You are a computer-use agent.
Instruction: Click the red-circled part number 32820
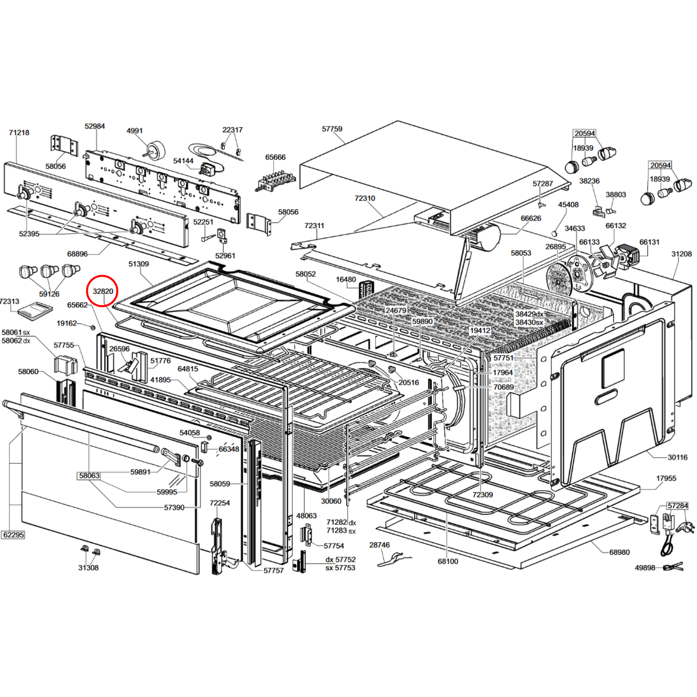103,291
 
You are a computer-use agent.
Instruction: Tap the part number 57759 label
332,129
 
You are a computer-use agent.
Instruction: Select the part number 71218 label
19,133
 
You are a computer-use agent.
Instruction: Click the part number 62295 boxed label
13,535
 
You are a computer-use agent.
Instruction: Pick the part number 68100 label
448,561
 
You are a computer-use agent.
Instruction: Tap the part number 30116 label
678,457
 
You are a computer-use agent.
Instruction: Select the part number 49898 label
645,568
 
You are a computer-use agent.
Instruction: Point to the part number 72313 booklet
35,310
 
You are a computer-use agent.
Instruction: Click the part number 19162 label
67,323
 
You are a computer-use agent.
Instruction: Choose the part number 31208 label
682,254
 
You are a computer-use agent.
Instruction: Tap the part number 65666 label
275,157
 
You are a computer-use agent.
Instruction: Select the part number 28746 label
379,545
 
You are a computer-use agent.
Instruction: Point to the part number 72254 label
220,503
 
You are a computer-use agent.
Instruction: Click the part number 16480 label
346,279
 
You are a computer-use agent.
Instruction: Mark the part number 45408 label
568,205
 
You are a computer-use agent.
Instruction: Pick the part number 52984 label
95,126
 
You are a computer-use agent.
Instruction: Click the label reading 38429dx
529,314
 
